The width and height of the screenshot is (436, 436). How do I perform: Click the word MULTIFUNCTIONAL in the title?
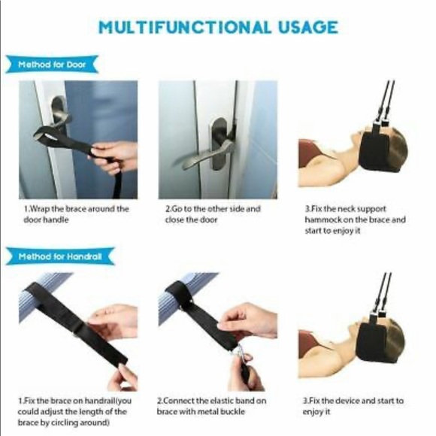click(x=185, y=27)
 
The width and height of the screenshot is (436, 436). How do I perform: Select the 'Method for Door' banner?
click(x=52, y=65)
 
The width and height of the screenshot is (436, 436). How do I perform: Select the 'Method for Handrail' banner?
click(x=60, y=256)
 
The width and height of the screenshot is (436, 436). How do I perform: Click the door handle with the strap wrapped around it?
click(x=59, y=111)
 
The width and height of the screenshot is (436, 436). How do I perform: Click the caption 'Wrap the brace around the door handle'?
click(x=77, y=214)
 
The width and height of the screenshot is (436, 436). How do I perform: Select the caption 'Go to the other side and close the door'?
click(x=213, y=214)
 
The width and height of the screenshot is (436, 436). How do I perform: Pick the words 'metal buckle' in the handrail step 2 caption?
click(x=217, y=411)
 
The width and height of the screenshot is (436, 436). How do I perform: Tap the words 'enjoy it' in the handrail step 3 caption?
click(x=316, y=412)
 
